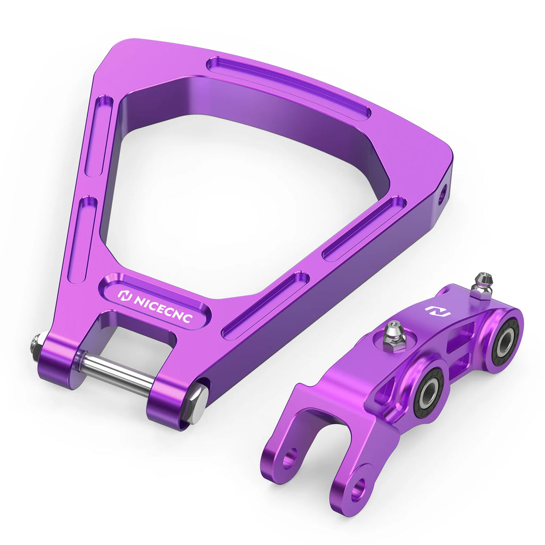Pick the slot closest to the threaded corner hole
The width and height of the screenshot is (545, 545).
point(365,228)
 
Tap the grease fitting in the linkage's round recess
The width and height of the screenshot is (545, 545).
point(394,335)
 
